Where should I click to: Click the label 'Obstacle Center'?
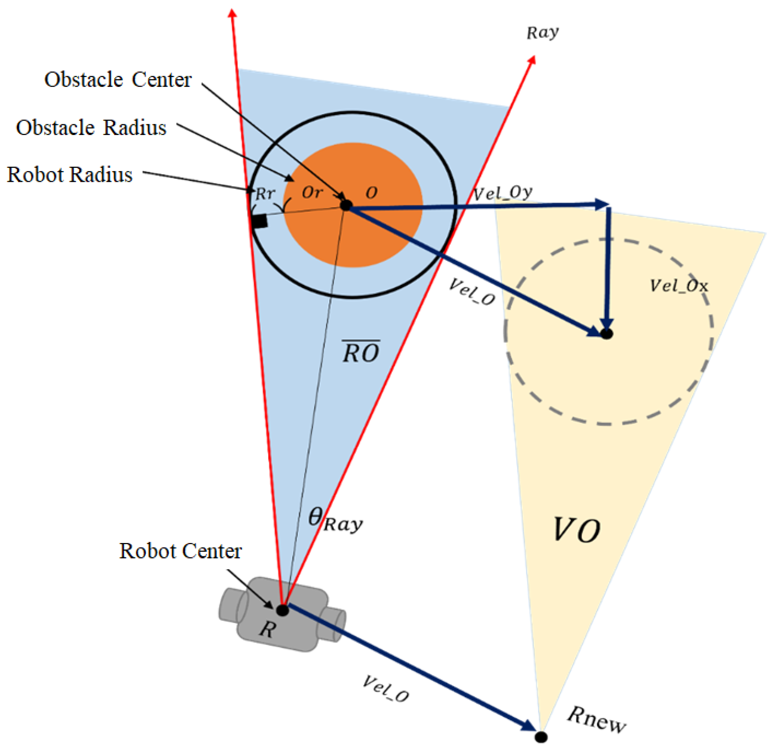tap(118, 80)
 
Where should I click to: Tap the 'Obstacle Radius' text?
tap(91, 128)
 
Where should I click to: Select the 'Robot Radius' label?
tap(70, 175)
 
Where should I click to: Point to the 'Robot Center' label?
tap(180, 551)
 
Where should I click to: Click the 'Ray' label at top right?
tap(542, 33)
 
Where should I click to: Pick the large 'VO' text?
tap(576, 530)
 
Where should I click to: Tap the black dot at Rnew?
tap(541, 737)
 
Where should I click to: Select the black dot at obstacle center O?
tap(346, 205)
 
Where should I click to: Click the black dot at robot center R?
tap(282, 610)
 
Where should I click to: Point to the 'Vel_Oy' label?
tap(503, 194)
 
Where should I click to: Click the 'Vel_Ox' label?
tap(679, 286)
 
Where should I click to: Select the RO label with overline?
tap(361, 352)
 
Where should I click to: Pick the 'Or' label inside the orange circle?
tap(312, 193)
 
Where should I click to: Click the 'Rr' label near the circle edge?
tap(265, 194)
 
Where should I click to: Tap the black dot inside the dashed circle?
tap(607, 334)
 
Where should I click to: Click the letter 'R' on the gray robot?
tap(267, 629)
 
